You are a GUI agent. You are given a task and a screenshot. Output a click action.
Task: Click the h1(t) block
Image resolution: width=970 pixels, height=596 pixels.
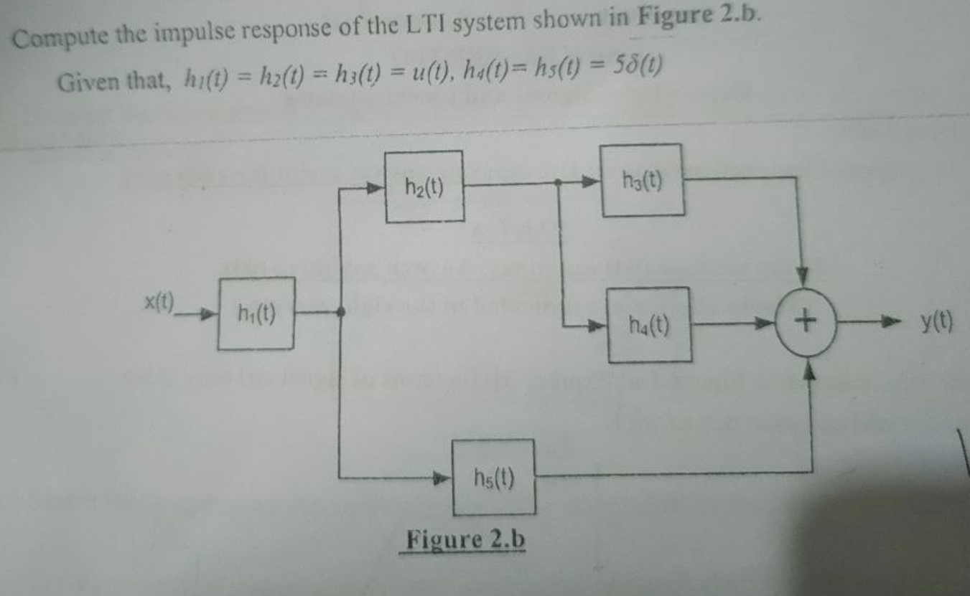pyautogui.click(x=256, y=313)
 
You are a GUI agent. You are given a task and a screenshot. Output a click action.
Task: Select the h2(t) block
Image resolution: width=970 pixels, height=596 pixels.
pyautogui.click(x=424, y=186)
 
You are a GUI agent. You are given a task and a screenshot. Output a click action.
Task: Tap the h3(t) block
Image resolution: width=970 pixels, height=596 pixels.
pyautogui.click(x=642, y=180)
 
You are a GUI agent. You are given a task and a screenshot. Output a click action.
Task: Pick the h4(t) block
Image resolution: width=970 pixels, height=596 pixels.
pyautogui.click(x=650, y=326)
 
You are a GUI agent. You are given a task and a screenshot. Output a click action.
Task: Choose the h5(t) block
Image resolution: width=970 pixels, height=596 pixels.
pyautogui.click(x=494, y=477)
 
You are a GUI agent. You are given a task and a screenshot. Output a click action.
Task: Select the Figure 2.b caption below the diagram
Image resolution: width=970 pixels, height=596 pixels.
pyautogui.click(x=465, y=539)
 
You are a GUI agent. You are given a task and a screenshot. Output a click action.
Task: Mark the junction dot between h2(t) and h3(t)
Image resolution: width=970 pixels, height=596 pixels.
pyautogui.click(x=559, y=184)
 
